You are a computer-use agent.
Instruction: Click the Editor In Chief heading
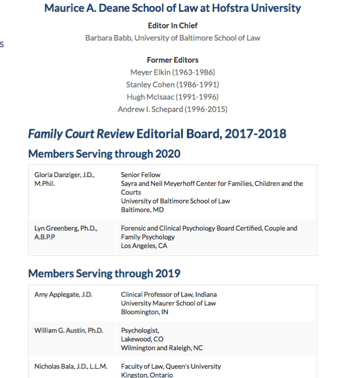coord(173,25)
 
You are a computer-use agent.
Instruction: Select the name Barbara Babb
coord(109,38)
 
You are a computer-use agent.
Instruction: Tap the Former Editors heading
coord(173,60)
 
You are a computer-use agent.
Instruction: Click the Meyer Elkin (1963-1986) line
coord(173,72)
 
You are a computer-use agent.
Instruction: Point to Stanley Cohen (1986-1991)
coord(173,84)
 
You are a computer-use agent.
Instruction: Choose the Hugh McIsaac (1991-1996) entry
coord(173,97)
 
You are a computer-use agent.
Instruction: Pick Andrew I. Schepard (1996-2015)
coord(173,109)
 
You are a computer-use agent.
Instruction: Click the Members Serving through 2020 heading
coord(104,153)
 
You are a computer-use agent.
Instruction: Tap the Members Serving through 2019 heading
coord(104,273)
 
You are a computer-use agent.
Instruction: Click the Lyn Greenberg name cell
coord(66,232)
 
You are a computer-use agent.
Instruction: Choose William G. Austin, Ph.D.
coord(68,331)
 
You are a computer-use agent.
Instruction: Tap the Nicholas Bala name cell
coord(71,367)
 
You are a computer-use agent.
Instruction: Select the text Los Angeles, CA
coord(144,246)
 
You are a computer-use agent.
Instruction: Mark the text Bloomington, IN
coord(145,312)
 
